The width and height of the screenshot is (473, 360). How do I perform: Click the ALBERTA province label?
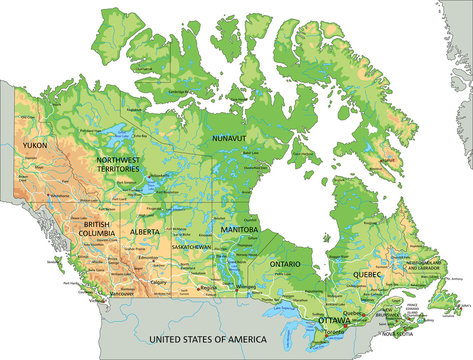146,232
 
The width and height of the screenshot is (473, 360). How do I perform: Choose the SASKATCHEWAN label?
189,246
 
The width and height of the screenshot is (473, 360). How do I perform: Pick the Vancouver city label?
122,294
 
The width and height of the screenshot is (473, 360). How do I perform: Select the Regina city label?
209,288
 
